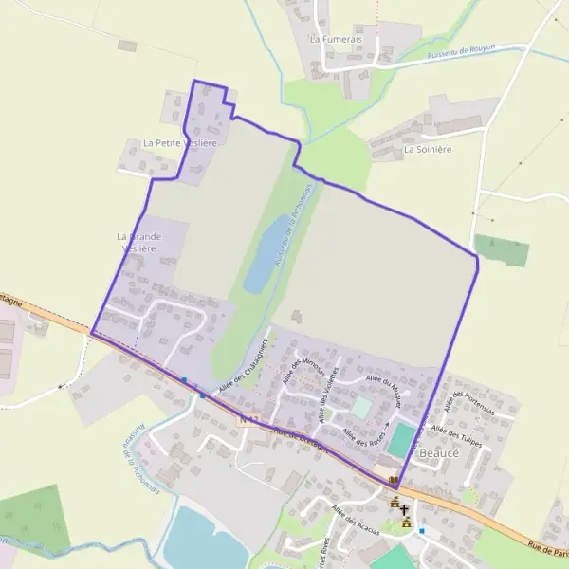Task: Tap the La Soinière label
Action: click(427, 149)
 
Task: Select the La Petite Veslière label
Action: click(179, 142)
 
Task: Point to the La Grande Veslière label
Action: click(138, 242)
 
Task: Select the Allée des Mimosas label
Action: click(303, 371)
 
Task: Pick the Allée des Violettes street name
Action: click(328, 395)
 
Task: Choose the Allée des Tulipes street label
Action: click(457, 435)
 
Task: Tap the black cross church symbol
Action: click(404, 509)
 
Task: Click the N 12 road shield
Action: click(248, 419)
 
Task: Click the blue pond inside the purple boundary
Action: click(261, 256)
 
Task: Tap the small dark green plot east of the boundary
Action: click(502, 250)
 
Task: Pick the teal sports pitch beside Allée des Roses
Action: click(402, 439)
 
